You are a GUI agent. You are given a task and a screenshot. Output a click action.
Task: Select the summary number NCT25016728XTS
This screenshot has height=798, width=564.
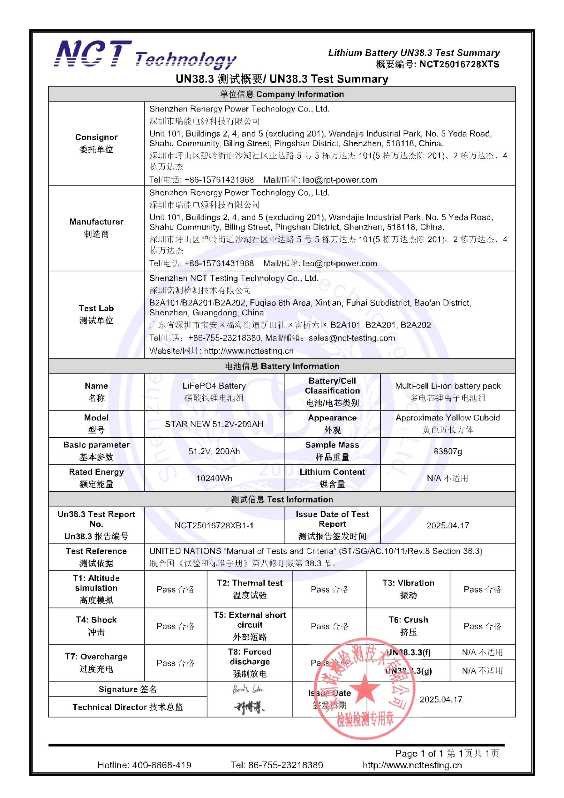pos(459,64)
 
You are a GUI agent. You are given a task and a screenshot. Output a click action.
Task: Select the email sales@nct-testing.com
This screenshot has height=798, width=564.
pos(352,338)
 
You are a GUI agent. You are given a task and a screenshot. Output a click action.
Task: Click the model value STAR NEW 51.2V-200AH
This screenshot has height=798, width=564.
pos(214,424)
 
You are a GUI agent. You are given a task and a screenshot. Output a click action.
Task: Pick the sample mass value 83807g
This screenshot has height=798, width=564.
pos(447,451)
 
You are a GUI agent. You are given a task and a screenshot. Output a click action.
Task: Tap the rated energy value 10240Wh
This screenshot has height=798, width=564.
pos(214,478)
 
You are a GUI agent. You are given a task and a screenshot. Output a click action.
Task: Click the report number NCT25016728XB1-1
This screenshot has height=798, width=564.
pos(214,525)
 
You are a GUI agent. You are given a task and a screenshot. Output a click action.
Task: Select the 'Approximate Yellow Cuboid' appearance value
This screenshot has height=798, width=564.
pos(447,418)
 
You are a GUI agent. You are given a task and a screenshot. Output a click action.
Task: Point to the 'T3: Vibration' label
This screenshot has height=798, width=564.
pos(408,583)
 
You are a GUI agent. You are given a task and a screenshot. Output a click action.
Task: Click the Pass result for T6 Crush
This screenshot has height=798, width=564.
pos(482,626)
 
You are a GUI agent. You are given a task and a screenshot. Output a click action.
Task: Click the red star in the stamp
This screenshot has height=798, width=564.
pos(364,689)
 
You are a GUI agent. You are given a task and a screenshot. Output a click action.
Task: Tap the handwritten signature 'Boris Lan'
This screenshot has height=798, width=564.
pos(248,689)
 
